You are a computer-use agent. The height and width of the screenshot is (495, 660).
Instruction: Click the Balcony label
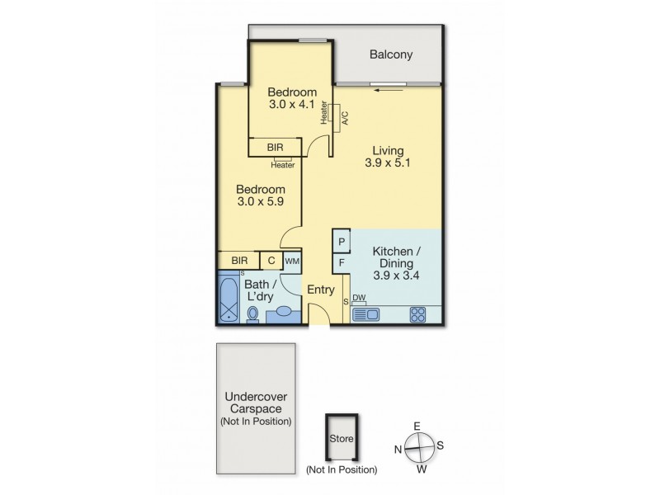tap(390, 55)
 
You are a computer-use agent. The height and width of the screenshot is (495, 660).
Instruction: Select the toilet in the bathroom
tap(253, 314)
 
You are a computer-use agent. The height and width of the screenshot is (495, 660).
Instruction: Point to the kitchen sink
tap(365, 313)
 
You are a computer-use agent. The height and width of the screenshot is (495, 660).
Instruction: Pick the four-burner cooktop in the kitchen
tap(418, 313)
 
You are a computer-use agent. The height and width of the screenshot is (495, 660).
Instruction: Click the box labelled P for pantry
tap(342, 240)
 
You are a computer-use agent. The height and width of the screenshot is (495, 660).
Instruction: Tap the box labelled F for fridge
tap(342, 263)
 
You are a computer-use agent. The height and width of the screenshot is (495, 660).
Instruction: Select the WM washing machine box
tap(292, 261)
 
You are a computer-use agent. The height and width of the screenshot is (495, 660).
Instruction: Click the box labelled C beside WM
tap(271, 261)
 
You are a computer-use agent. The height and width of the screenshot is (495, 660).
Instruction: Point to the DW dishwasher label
tap(359, 298)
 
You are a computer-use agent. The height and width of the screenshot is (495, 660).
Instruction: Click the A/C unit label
tap(344, 117)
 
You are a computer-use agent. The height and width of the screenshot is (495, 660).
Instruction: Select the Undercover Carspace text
tap(256, 408)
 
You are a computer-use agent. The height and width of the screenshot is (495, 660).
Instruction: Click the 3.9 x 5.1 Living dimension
tap(388, 163)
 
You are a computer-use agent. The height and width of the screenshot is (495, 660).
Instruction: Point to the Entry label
tap(321, 290)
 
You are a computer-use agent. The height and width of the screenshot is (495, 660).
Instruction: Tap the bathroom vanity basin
tap(285, 313)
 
